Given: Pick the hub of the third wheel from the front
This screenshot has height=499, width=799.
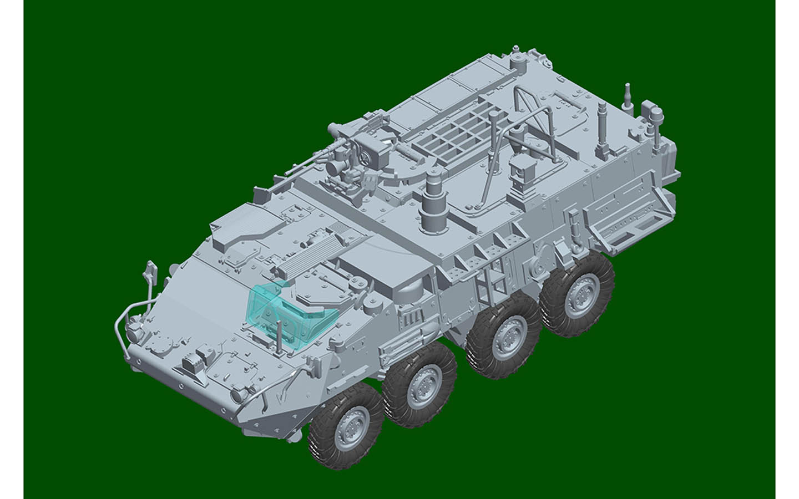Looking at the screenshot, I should coord(503,338).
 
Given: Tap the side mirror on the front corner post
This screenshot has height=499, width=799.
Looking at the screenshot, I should coord(149,270).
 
